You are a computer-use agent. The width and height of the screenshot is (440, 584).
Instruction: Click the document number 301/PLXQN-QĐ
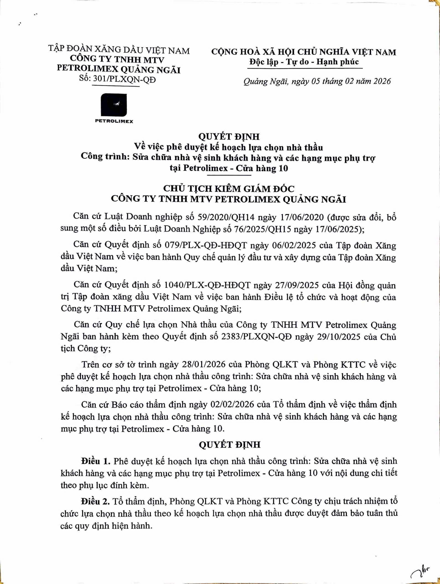tap(123, 79)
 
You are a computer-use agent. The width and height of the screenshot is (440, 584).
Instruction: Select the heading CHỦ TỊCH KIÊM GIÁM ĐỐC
tap(228, 189)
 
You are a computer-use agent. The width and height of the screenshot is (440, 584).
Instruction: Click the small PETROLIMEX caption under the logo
tap(114, 121)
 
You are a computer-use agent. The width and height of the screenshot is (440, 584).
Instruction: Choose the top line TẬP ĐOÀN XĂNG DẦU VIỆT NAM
tap(119, 50)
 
